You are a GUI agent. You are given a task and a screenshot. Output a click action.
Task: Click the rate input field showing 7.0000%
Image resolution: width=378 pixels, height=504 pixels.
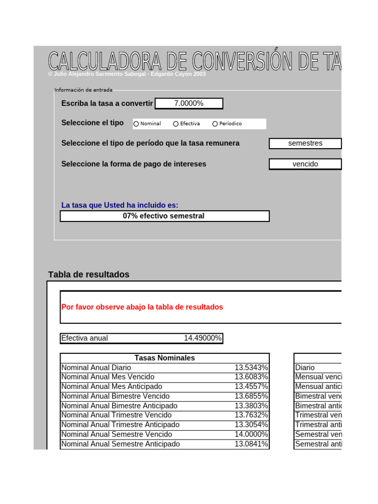189,103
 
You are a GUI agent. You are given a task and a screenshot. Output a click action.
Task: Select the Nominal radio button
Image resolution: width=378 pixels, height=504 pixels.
136,124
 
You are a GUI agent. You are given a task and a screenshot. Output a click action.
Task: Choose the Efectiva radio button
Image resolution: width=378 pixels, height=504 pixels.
176,124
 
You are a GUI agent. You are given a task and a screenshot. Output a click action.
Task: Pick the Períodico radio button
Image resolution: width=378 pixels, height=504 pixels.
215,124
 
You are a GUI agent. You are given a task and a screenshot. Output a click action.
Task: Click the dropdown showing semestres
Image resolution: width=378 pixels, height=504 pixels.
305,143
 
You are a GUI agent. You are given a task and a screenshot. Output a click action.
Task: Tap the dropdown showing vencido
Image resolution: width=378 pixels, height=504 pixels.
305,164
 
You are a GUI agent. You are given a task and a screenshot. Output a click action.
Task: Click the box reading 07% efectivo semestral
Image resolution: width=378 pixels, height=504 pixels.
164,216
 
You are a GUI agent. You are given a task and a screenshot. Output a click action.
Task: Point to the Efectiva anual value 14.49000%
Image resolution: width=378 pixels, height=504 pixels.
202,338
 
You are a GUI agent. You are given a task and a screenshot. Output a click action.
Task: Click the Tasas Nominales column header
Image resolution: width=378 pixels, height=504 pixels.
164,358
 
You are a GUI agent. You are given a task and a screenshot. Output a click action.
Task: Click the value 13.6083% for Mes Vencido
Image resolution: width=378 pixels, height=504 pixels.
251,377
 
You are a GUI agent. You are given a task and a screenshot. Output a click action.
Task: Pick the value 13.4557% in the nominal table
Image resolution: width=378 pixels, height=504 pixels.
251,387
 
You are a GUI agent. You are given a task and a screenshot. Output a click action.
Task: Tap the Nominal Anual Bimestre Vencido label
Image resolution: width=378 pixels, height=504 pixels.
115,396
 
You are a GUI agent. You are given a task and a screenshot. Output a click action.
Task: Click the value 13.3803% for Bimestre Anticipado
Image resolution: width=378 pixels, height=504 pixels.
251,406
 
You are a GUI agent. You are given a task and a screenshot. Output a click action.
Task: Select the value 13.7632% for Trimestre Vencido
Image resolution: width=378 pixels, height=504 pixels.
251,415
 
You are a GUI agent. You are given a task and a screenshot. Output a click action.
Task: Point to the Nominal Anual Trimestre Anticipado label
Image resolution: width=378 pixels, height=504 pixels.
120,425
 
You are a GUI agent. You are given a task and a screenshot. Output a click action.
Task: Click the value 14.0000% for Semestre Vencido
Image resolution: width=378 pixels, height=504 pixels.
251,435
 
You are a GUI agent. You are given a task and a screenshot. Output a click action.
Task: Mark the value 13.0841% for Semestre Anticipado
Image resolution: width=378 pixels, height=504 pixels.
251,444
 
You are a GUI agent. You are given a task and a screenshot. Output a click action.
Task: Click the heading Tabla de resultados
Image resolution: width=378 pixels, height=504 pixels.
89,275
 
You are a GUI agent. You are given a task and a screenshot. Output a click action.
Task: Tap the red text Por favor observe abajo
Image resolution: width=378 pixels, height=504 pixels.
142,307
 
